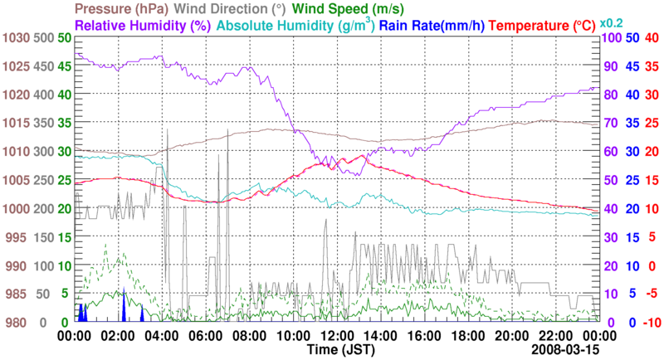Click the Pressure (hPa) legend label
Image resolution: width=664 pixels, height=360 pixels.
click(x=120, y=9)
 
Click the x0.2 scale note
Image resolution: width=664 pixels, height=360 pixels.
click(x=613, y=23)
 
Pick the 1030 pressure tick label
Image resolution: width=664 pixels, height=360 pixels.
click(x=14, y=38)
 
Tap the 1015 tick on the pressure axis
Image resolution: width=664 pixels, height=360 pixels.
click(x=14, y=124)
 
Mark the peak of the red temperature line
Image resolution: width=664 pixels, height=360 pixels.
click(x=361, y=155)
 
